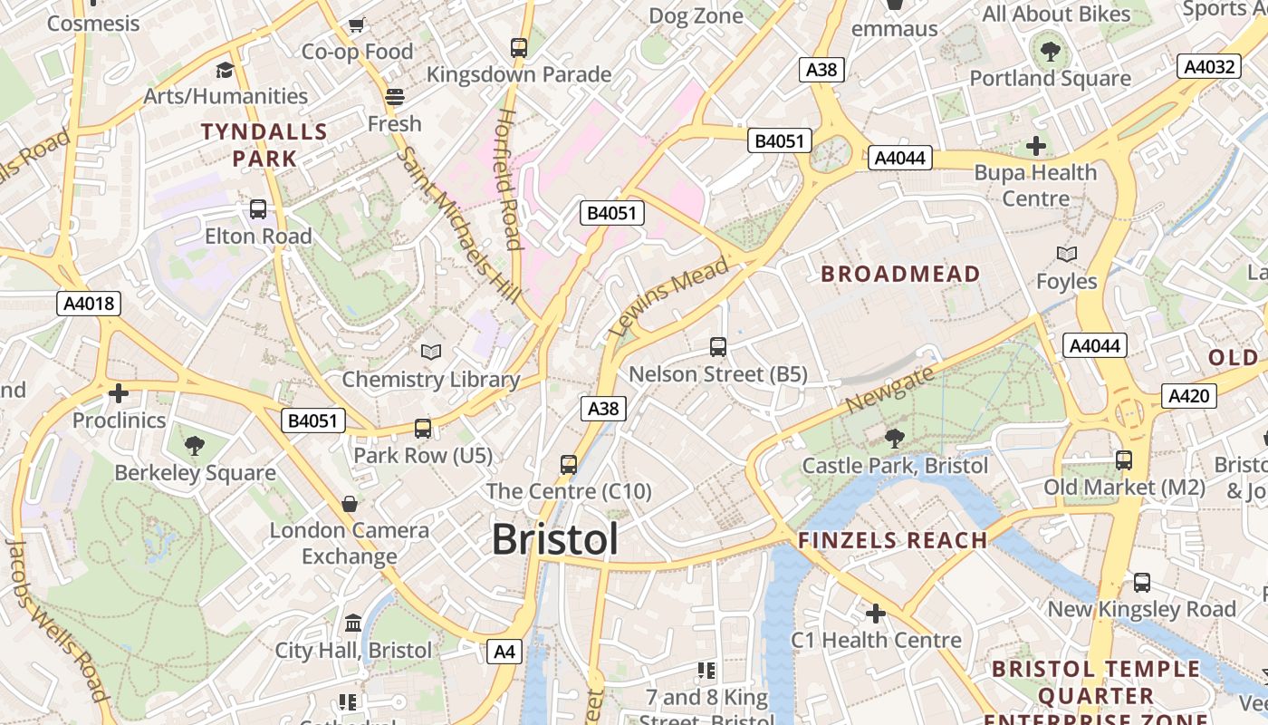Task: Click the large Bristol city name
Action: tap(555, 539)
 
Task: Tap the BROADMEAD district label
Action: tap(900, 274)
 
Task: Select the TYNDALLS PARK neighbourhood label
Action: tap(264, 145)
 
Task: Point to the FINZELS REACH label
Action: tap(892, 541)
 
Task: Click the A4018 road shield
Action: tap(89, 303)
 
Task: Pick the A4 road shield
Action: tap(504, 651)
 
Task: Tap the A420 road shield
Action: tap(1188, 395)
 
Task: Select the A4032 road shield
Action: tap(1209, 66)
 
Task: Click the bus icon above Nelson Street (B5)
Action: tap(718, 346)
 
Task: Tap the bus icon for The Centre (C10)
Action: tap(569, 464)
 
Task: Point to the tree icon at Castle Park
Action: tap(894, 439)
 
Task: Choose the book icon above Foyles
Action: tap(1067, 255)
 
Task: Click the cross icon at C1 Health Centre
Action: tap(875, 614)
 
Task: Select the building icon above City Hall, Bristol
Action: tap(353, 623)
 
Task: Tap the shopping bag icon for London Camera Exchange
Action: tap(350, 503)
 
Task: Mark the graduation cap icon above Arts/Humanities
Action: tap(225, 70)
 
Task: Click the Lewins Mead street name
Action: tap(669, 296)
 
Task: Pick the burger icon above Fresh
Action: tap(394, 96)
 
